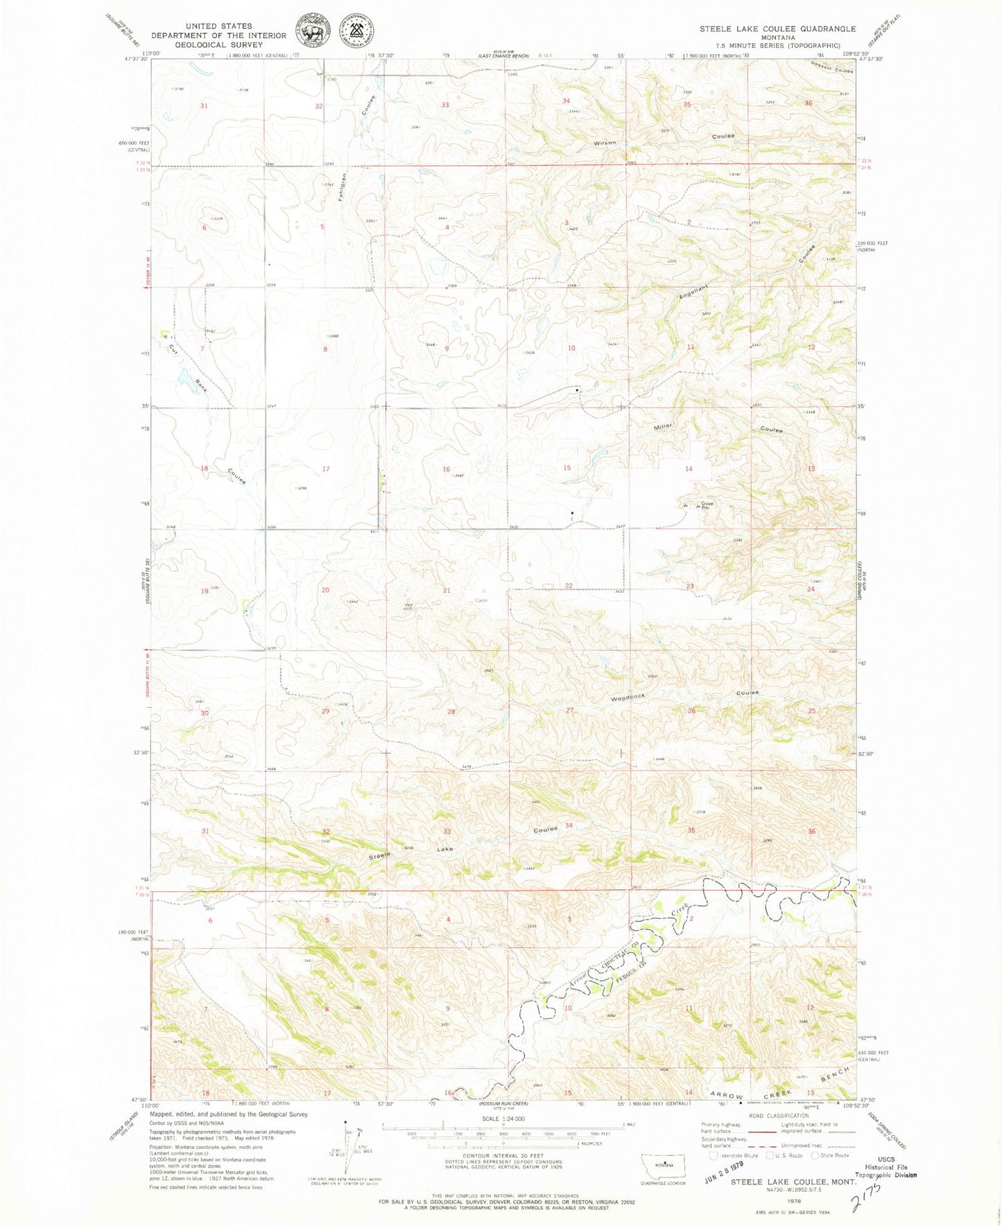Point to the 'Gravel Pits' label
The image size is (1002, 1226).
[707, 506]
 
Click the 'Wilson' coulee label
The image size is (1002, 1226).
[604, 143]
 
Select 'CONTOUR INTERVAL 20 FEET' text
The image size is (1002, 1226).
[503, 1157]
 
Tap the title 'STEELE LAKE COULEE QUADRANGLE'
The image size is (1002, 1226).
[777, 29]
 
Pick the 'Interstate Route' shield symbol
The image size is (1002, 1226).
[714, 1155]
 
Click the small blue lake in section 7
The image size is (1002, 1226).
[185, 378]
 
